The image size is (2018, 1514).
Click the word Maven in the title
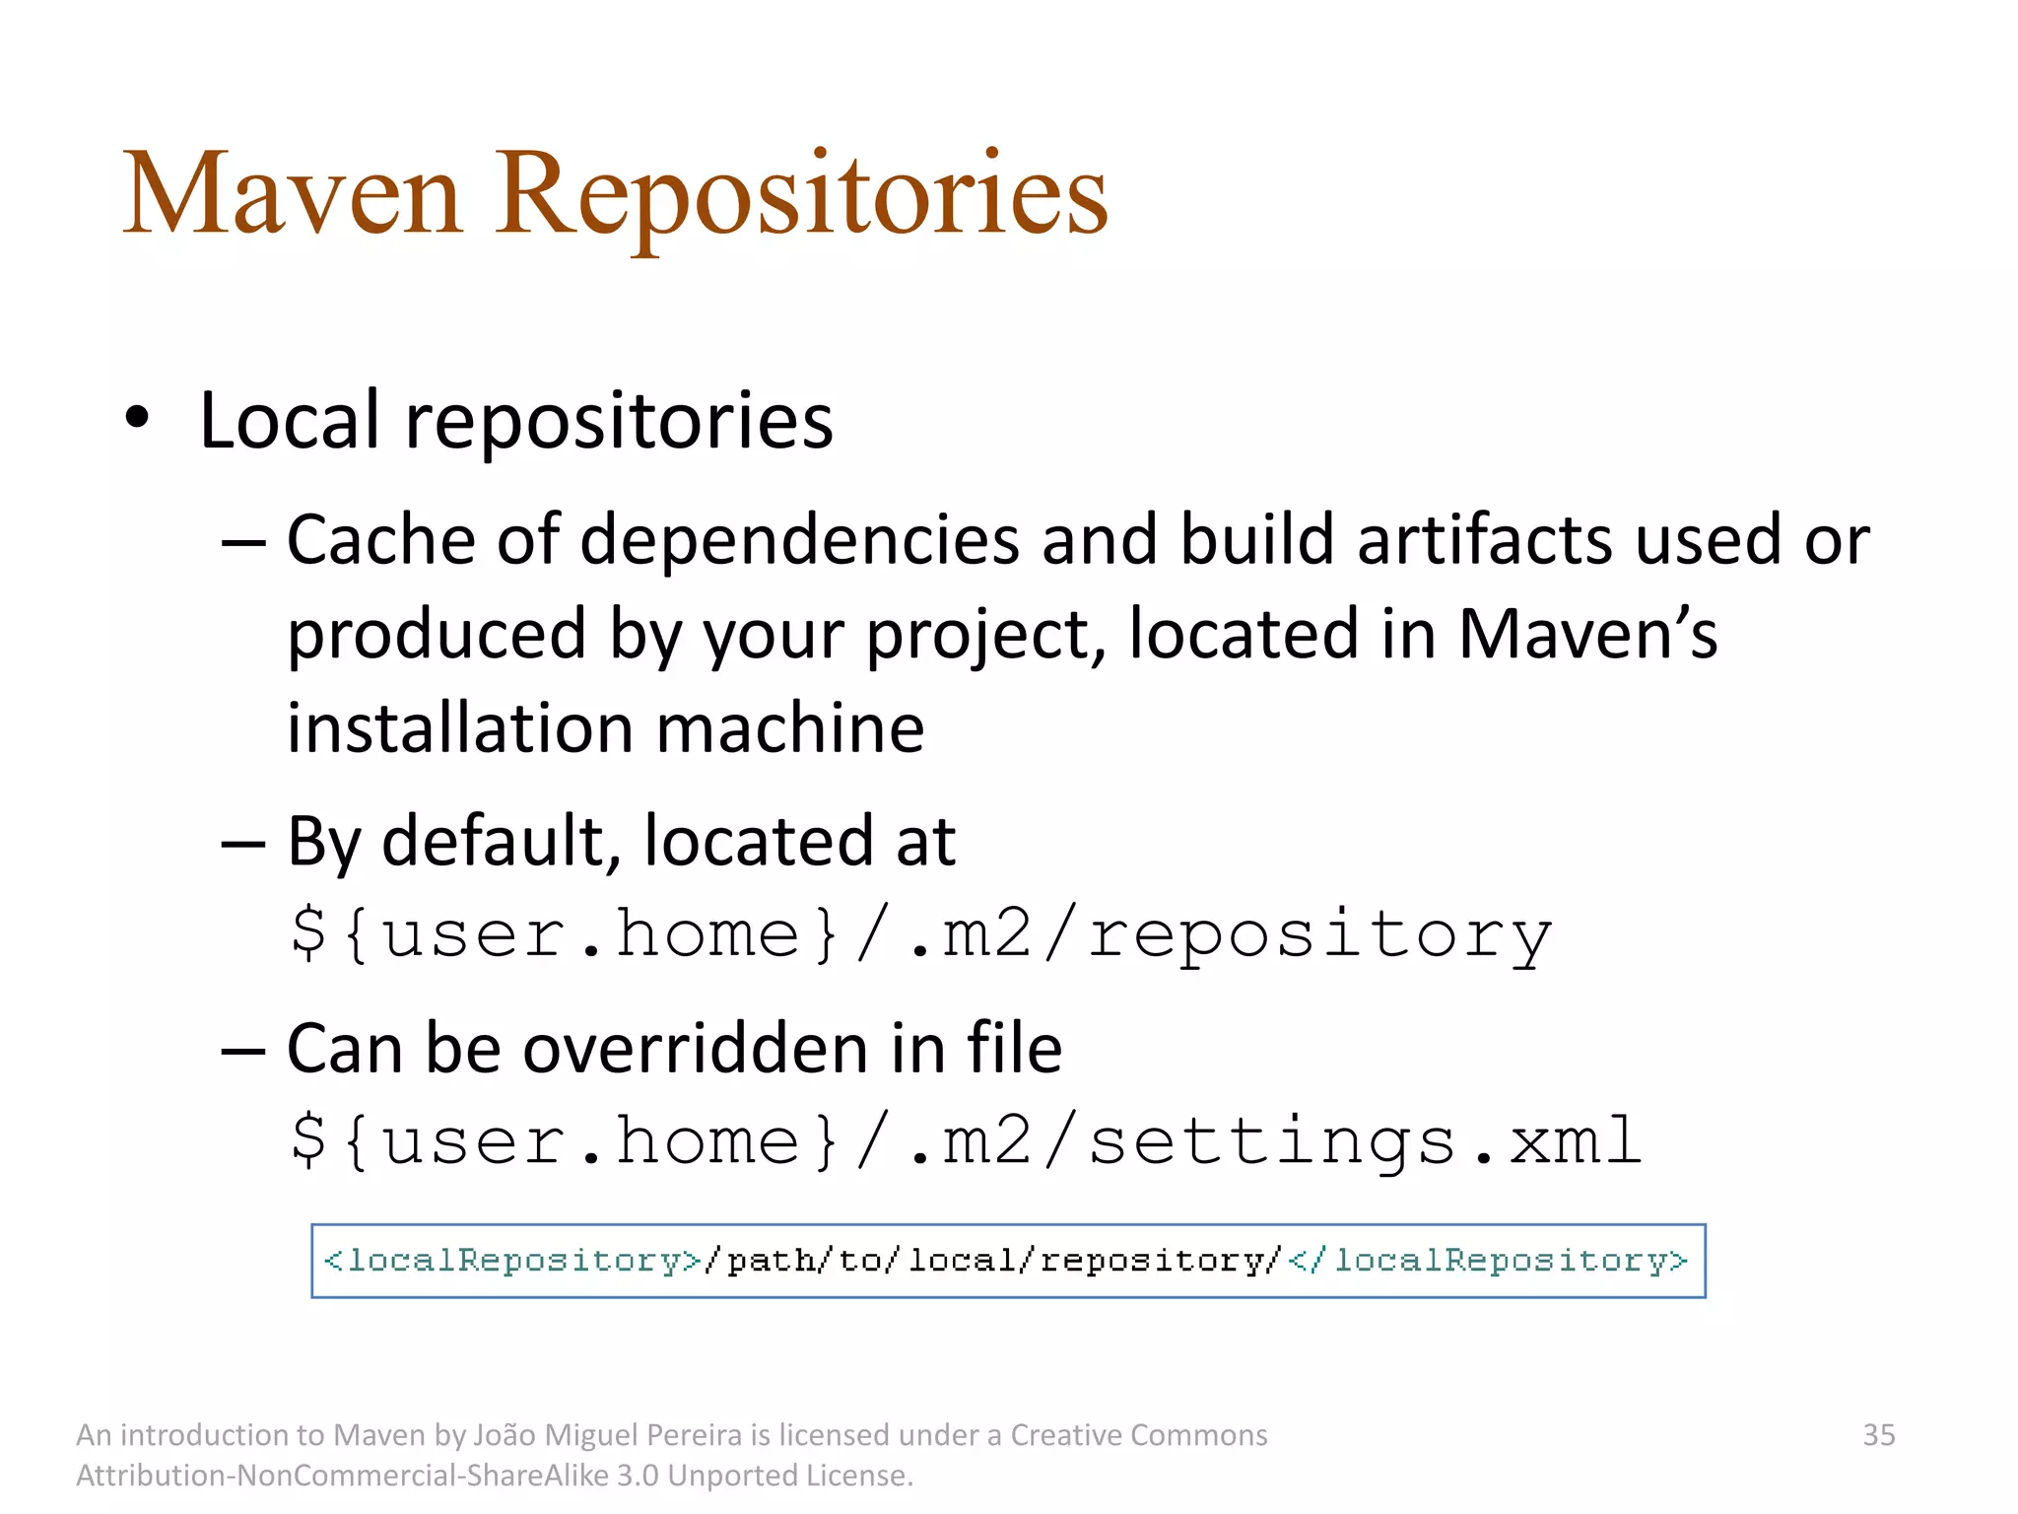292,193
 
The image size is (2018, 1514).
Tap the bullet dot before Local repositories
137,418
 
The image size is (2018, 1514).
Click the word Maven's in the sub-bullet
1587,634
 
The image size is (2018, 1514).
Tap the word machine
789,728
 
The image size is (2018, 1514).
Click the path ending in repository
921,934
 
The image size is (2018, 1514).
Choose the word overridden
696,1048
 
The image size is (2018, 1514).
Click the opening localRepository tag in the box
512,1261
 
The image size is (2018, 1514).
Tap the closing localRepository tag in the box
1488,1261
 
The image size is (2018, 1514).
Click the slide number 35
1878,1434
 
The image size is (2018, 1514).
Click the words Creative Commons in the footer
1139,1434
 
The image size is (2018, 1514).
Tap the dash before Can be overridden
242,1049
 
